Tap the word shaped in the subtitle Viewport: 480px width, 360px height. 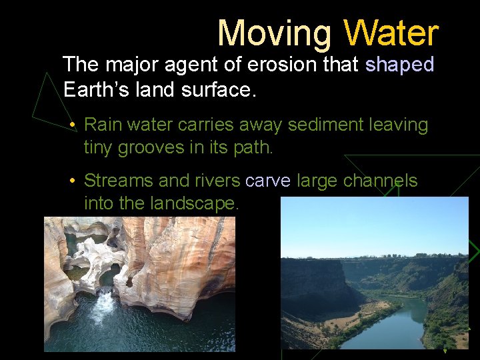[399, 65]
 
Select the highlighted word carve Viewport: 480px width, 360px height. [268, 181]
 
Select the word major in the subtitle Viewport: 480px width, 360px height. [129, 65]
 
